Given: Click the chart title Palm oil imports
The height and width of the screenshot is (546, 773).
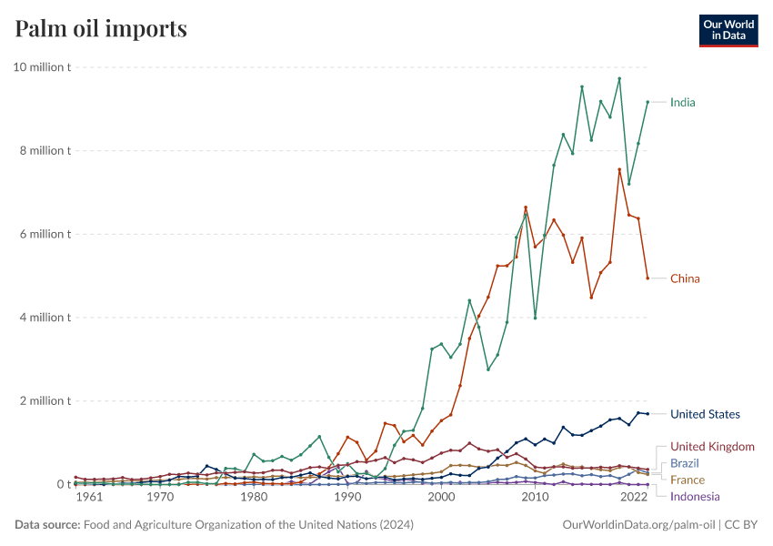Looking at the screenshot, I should pyautogui.click(x=101, y=28).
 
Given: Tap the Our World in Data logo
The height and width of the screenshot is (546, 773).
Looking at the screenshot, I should pyautogui.click(x=728, y=29).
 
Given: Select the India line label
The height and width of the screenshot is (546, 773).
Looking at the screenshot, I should pyautogui.click(x=682, y=102).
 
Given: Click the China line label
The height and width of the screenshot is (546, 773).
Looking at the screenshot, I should pyautogui.click(x=685, y=278).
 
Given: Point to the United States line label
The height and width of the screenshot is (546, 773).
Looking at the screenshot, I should pyautogui.click(x=705, y=414).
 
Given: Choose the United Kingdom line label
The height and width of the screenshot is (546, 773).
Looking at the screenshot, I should pyautogui.click(x=712, y=447).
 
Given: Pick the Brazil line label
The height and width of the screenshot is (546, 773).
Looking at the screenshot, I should pyautogui.click(x=685, y=463).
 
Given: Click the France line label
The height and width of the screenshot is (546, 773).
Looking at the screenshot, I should pyautogui.click(x=687, y=480).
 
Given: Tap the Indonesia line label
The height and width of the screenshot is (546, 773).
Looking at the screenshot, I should pyautogui.click(x=695, y=496).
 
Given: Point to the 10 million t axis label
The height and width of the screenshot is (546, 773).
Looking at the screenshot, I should pyautogui.click(x=42, y=67).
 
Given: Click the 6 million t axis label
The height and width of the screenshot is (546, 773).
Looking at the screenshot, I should pyautogui.click(x=45, y=234).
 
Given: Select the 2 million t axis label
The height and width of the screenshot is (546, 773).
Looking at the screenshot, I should pyautogui.click(x=45, y=400).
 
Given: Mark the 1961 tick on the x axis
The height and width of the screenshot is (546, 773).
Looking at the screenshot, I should pyautogui.click(x=88, y=498).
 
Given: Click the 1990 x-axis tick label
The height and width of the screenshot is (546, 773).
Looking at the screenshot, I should pyautogui.click(x=347, y=498).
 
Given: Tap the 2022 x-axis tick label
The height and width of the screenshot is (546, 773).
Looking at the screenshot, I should pyautogui.click(x=632, y=498).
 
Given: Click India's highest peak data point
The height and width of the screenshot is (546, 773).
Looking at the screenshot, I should pyautogui.click(x=619, y=78).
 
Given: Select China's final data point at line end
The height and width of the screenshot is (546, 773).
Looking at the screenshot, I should pyautogui.click(x=648, y=278).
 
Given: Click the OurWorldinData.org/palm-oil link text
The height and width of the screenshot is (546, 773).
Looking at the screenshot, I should pyautogui.click(x=637, y=525).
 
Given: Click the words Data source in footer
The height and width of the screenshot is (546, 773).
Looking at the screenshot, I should pyautogui.click(x=46, y=525).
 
